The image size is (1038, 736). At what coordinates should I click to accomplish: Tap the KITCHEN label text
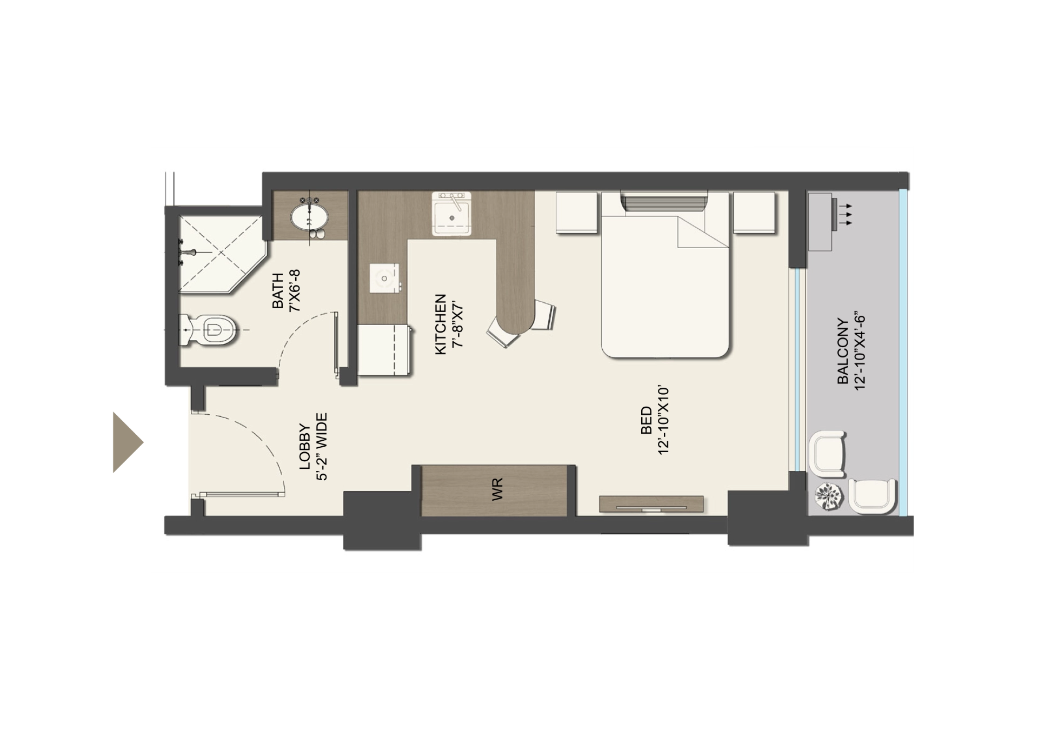tap(441, 324)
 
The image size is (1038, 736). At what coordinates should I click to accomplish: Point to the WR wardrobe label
tap(497, 489)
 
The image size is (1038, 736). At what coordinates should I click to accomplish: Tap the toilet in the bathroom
tap(211, 330)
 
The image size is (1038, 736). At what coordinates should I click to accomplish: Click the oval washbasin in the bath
tap(310, 218)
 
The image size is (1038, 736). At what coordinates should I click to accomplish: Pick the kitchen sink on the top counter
tap(451, 213)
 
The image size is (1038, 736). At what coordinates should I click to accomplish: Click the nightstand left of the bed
tap(576, 212)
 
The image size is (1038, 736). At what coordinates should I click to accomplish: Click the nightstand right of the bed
tap(754, 212)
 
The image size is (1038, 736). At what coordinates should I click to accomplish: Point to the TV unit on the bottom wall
tap(651, 504)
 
